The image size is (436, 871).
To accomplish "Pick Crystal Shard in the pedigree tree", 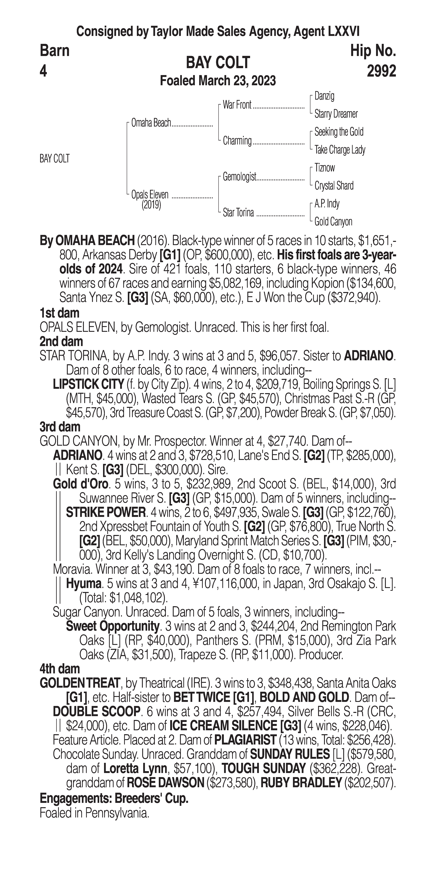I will [334, 186].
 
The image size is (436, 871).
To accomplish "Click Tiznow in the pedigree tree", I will [325, 168].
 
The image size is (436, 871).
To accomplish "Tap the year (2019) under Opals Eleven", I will [151, 205].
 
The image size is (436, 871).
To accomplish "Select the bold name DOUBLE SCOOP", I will [96, 711].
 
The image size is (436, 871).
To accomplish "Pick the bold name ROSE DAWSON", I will [165, 782].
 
